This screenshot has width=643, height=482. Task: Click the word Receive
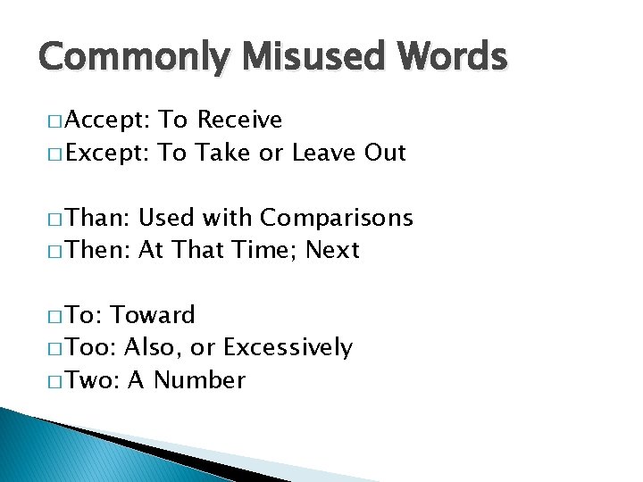239,120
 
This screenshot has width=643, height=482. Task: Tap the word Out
385,153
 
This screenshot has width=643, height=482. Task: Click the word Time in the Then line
269,250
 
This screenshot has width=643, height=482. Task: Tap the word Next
332,250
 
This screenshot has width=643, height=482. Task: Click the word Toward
153,315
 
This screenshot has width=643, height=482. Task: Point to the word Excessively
288,348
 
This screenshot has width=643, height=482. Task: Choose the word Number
200,380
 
